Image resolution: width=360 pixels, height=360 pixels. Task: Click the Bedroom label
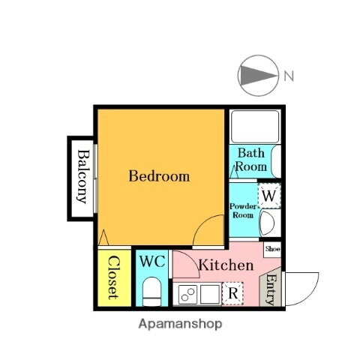(x=158, y=177)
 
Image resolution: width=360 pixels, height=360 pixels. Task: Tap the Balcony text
(x=83, y=178)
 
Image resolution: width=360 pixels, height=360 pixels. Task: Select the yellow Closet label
(x=112, y=277)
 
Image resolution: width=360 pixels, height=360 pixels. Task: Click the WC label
(x=152, y=262)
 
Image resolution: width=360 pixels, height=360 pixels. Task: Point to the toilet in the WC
(x=152, y=291)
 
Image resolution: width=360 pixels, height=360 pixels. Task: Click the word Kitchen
(x=225, y=265)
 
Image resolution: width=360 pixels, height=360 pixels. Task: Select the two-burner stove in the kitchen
(x=187, y=294)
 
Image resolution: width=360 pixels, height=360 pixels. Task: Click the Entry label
(x=270, y=290)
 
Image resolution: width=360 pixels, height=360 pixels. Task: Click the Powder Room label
(x=242, y=209)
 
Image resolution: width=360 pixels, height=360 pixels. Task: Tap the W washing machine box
(x=270, y=196)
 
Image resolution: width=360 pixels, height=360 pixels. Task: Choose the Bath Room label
(x=250, y=160)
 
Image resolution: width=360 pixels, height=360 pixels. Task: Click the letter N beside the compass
(x=289, y=75)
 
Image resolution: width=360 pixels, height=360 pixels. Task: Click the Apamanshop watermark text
(x=180, y=325)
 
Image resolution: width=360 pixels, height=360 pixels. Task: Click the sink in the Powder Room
(x=268, y=222)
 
